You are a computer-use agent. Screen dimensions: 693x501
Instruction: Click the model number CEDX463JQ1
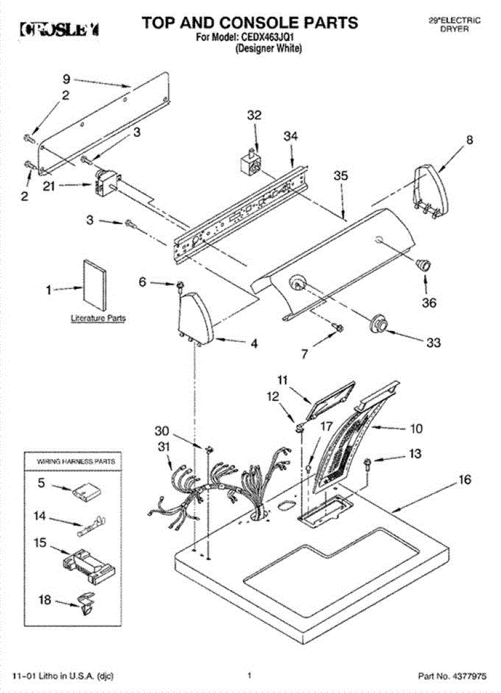[x=274, y=38]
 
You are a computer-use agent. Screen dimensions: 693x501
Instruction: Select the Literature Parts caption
[x=98, y=318]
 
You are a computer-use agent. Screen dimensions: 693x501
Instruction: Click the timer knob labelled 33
[x=379, y=325]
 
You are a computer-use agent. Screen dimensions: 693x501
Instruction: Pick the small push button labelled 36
[x=424, y=265]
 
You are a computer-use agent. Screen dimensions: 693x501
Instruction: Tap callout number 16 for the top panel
[x=465, y=480]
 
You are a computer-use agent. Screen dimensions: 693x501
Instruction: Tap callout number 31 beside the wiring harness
[x=164, y=446]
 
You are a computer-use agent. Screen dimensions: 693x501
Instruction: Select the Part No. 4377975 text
[x=455, y=675]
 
